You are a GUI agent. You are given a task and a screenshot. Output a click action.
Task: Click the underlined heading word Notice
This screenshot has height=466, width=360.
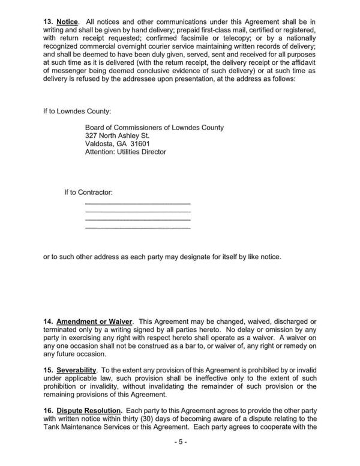[x=67, y=22]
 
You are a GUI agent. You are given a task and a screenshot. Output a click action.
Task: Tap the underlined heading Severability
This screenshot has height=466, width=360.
[x=83, y=366]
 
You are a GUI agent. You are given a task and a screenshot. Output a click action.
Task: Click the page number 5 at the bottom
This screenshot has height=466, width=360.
[x=181, y=443]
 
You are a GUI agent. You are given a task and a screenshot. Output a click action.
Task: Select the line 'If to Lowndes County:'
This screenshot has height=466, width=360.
[x=77, y=112]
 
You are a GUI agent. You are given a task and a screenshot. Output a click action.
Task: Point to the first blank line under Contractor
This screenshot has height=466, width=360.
[x=138, y=205]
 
